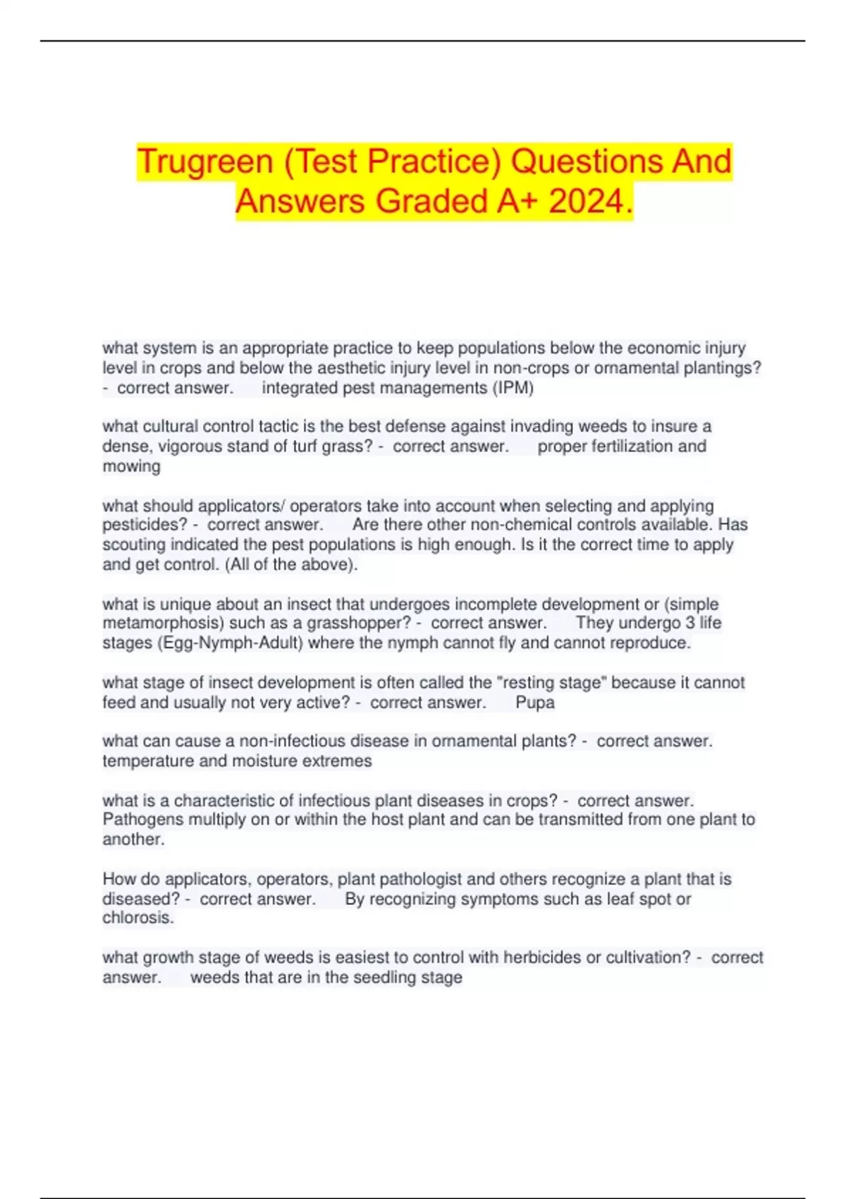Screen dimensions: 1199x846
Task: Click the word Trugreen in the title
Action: (x=205, y=162)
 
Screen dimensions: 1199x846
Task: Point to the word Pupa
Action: (x=535, y=702)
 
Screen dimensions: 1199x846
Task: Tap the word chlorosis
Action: (x=137, y=918)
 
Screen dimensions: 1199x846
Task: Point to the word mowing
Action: (x=131, y=466)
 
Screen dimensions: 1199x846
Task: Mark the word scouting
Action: (x=132, y=545)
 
